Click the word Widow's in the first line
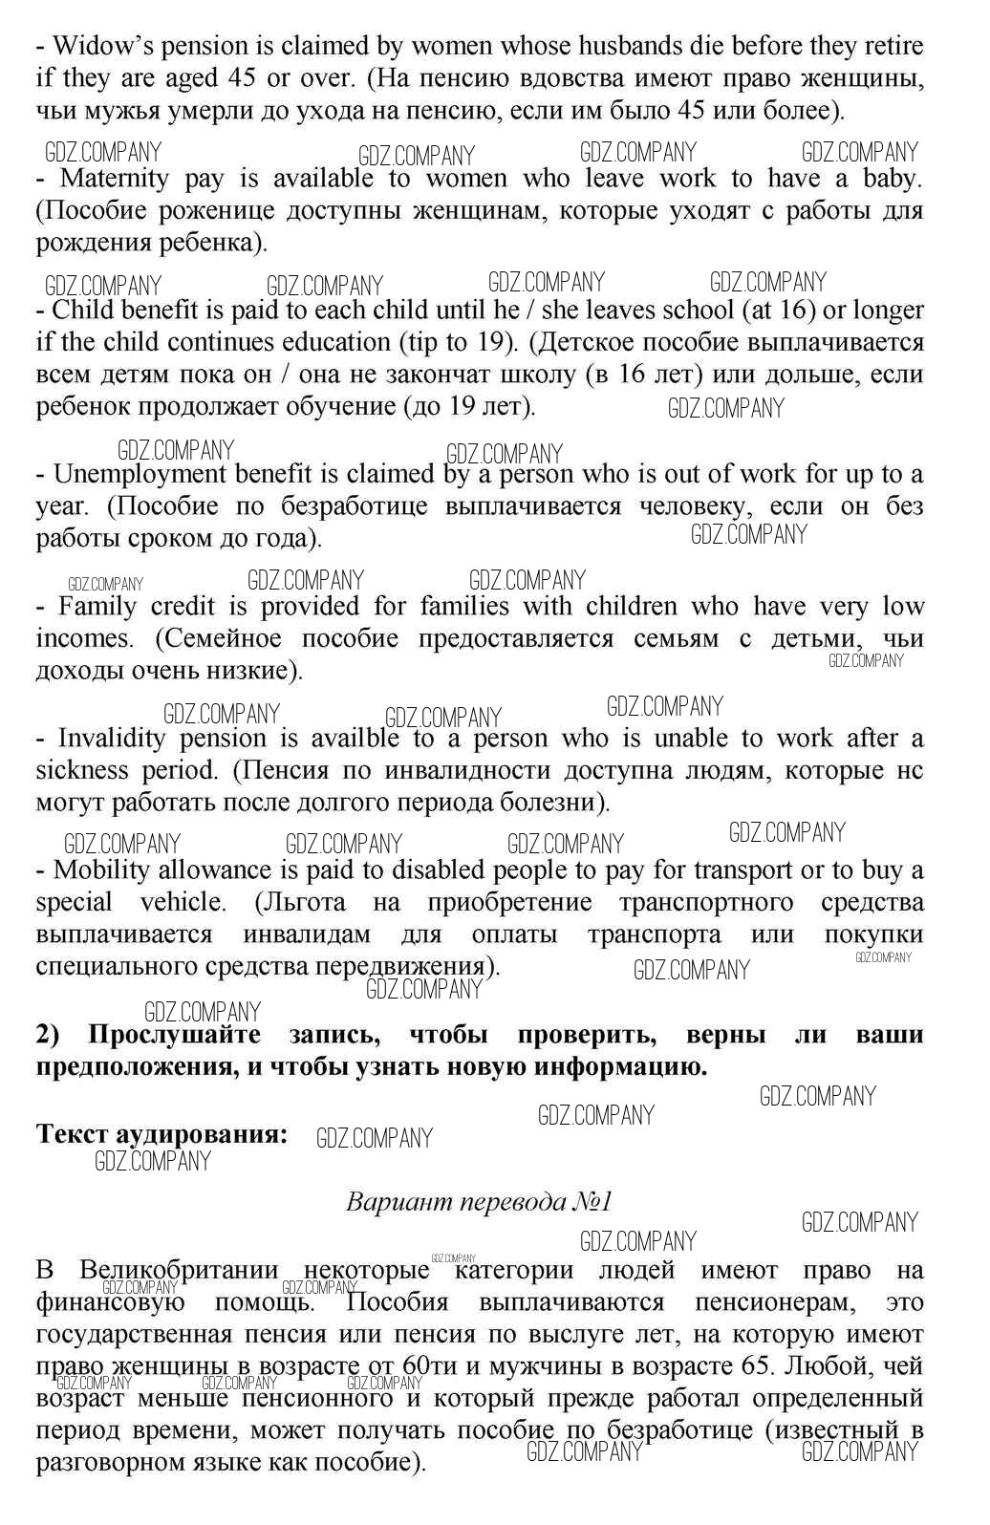coord(95,45)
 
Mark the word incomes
coord(83,638)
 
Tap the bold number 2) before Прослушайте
coord(49,1034)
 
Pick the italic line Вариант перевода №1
coord(479,1201)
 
